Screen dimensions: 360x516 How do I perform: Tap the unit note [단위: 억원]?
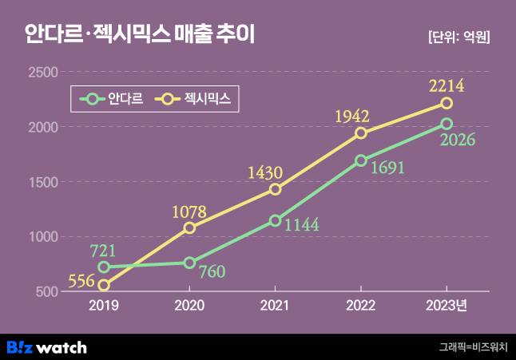click(458, 37)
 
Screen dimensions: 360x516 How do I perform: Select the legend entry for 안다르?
click(113, 100)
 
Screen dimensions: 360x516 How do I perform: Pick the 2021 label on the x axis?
click(275, 306)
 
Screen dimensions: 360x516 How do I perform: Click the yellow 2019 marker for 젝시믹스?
click(104, 285)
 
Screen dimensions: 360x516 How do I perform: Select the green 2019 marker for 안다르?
click(104, 267)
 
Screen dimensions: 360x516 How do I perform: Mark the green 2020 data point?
click(189, 263)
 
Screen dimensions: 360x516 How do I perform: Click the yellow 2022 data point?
click(361, 133)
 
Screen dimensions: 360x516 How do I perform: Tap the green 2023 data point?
click(447, 124)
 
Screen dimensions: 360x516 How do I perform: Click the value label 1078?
click(189, 212)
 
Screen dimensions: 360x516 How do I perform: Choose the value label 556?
click(81, 282)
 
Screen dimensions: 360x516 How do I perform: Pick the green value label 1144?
click(300, 225)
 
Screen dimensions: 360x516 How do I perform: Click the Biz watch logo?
click(46, 347)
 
